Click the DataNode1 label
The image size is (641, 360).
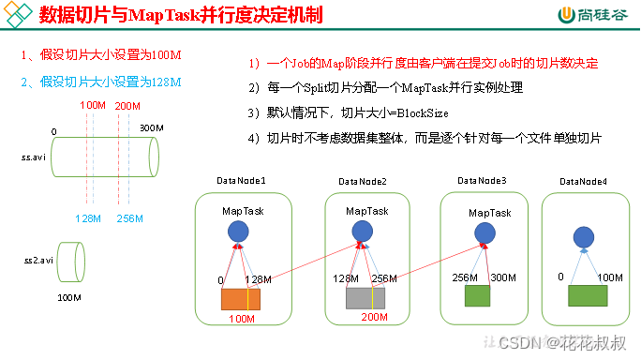tap(244, 181)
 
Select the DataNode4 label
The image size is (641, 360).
tap(583, 181)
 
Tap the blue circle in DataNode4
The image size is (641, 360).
tap(583, 238)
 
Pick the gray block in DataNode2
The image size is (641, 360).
tap(365, 297)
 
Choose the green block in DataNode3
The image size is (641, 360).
tap(478, 293)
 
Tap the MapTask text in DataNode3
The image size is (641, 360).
tap(490, 213)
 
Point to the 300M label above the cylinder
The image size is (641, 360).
tap(153, 127)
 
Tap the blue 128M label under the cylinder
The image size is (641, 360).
tap(89, 218)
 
